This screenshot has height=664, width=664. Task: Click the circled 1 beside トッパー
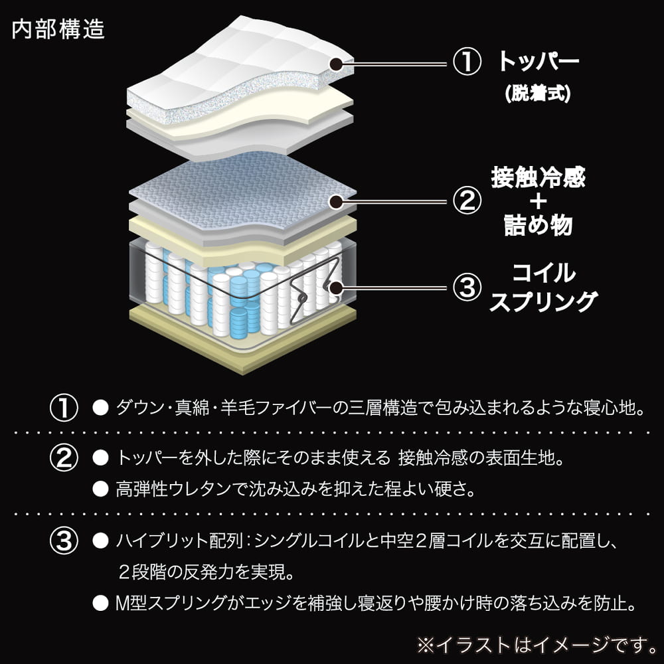pos(466,63)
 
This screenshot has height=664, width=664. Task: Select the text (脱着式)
pos(539,94)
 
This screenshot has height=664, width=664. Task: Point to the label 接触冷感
pos(539,178)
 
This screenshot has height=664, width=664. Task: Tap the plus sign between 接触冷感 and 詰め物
pos(539,202)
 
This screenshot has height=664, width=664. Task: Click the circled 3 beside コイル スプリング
pos(466,288)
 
